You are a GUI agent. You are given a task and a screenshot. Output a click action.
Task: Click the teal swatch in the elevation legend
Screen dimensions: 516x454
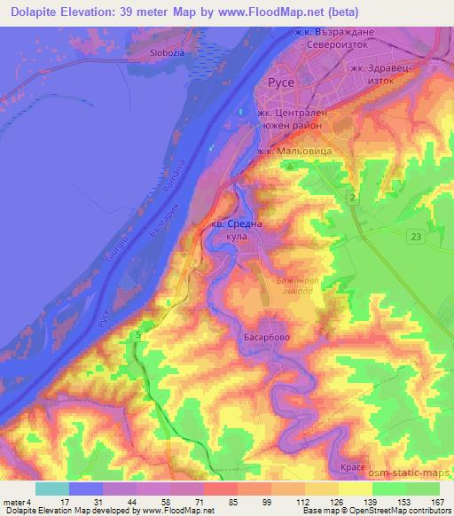(52, 488)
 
